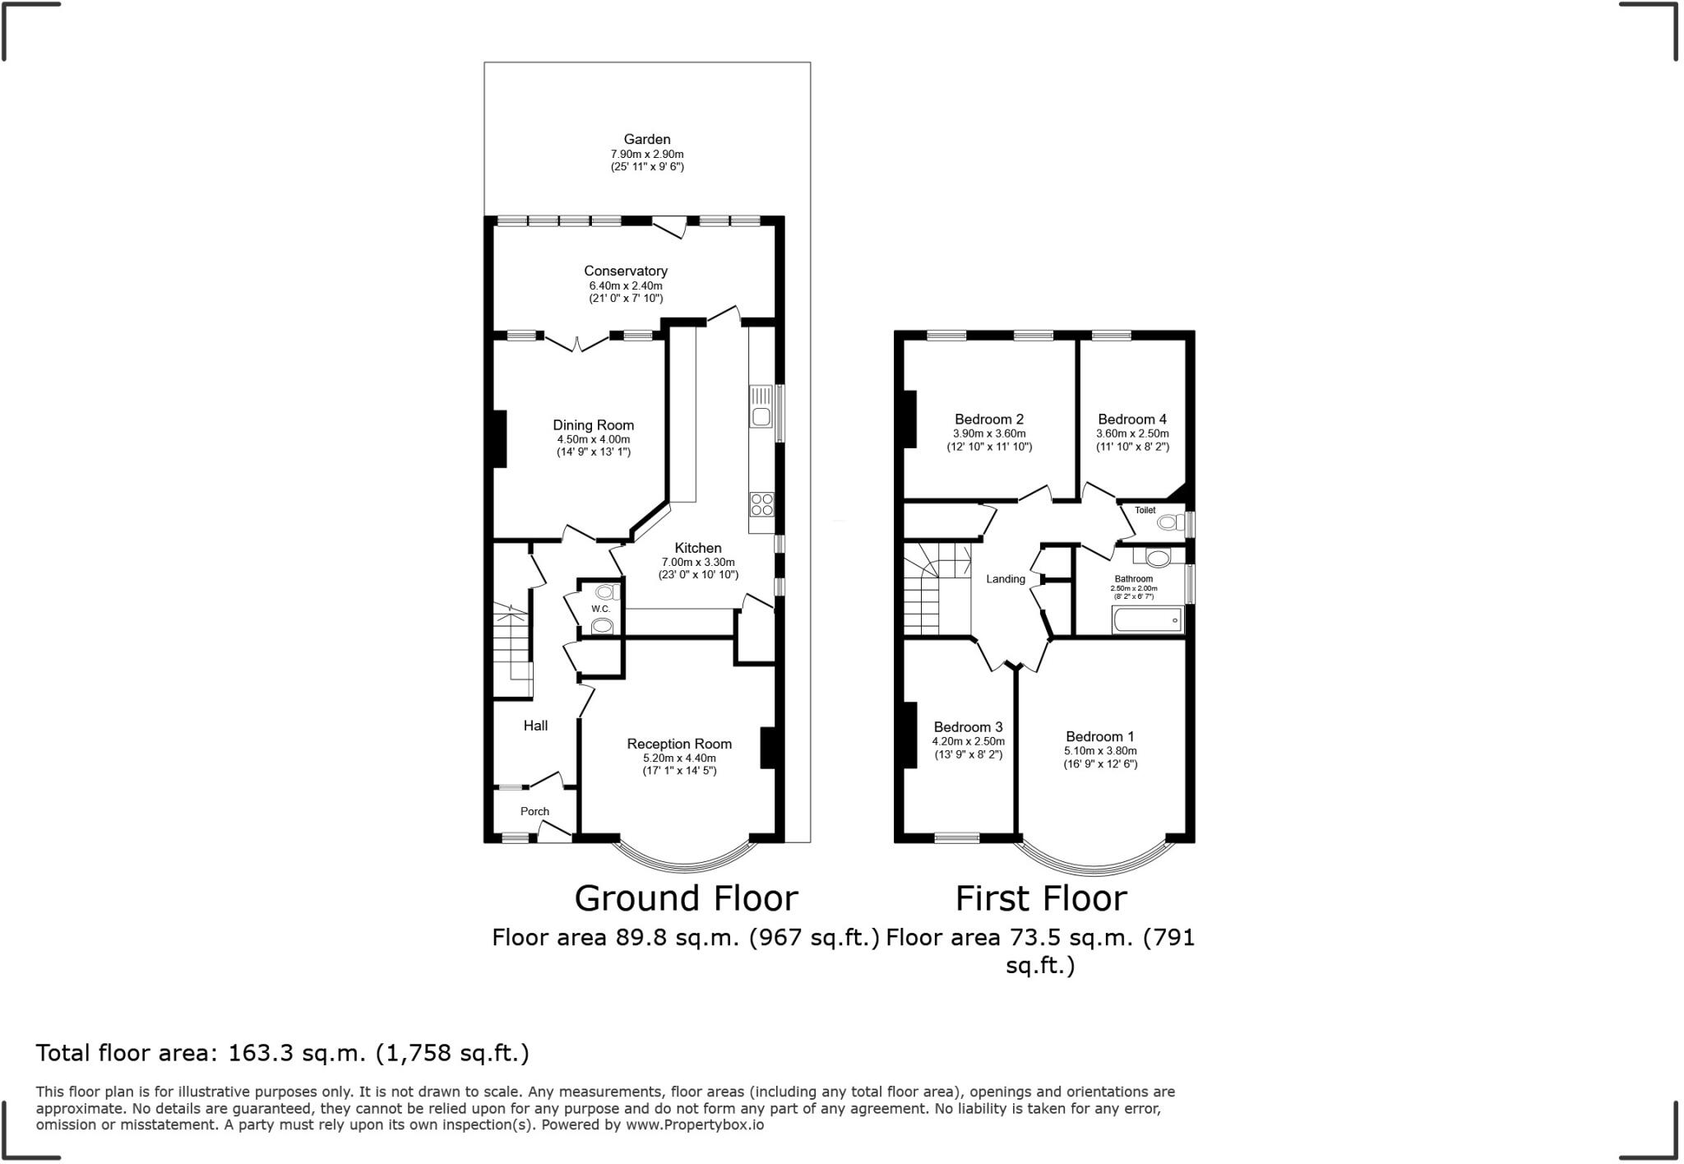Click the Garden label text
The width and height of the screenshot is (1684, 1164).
point(646,140)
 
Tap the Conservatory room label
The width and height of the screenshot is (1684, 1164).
point(625,271)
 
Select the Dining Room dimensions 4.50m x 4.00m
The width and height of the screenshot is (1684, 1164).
point(593,439)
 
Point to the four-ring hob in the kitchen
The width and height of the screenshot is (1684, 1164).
point(761,503)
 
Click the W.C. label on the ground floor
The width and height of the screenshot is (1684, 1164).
point(600,609)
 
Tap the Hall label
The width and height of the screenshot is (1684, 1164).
point(535,726)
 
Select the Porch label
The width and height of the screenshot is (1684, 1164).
point(534,811)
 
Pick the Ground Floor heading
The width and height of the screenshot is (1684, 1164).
point(686,898)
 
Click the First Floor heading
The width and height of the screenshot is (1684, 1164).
point(1040,898)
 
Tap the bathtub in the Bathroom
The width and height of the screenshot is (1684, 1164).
point(1147,620)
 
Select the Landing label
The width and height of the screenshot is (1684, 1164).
point(1006,579)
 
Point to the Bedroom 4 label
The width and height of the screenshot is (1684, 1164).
point(1131,420)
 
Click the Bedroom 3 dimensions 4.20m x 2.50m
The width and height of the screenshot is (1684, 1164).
point(968,741)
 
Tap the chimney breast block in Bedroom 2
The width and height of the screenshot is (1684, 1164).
point(909,419)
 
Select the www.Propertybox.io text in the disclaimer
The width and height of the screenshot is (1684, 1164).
point(694,1125)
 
